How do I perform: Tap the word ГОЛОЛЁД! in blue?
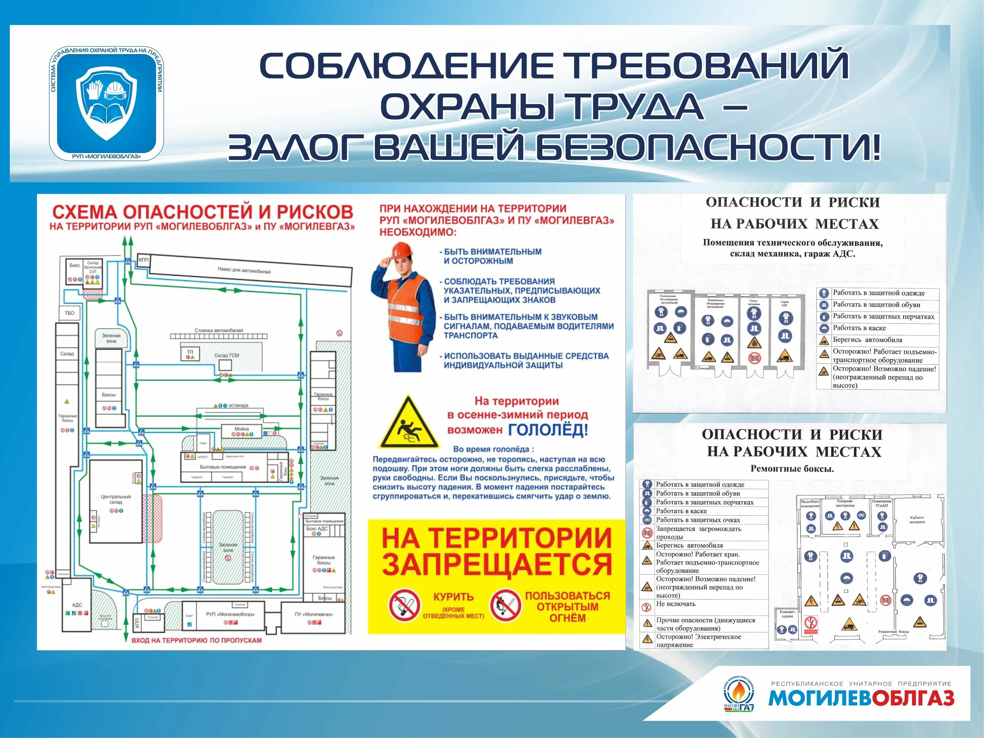click(548, 430)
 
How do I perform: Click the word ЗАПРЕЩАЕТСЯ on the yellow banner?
click(497, 564)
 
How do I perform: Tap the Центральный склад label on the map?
click(116, 499)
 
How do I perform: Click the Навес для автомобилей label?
click(244, 270)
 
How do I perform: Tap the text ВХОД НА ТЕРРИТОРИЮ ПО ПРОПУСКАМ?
click(196, 641)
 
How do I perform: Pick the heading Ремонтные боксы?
click(792, 468)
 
